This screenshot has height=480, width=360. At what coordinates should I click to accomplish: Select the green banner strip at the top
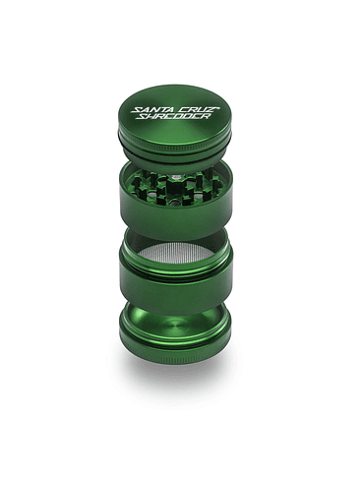[x=180, y=30]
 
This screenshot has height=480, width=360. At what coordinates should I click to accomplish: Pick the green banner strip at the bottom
[x=180, y=450]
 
